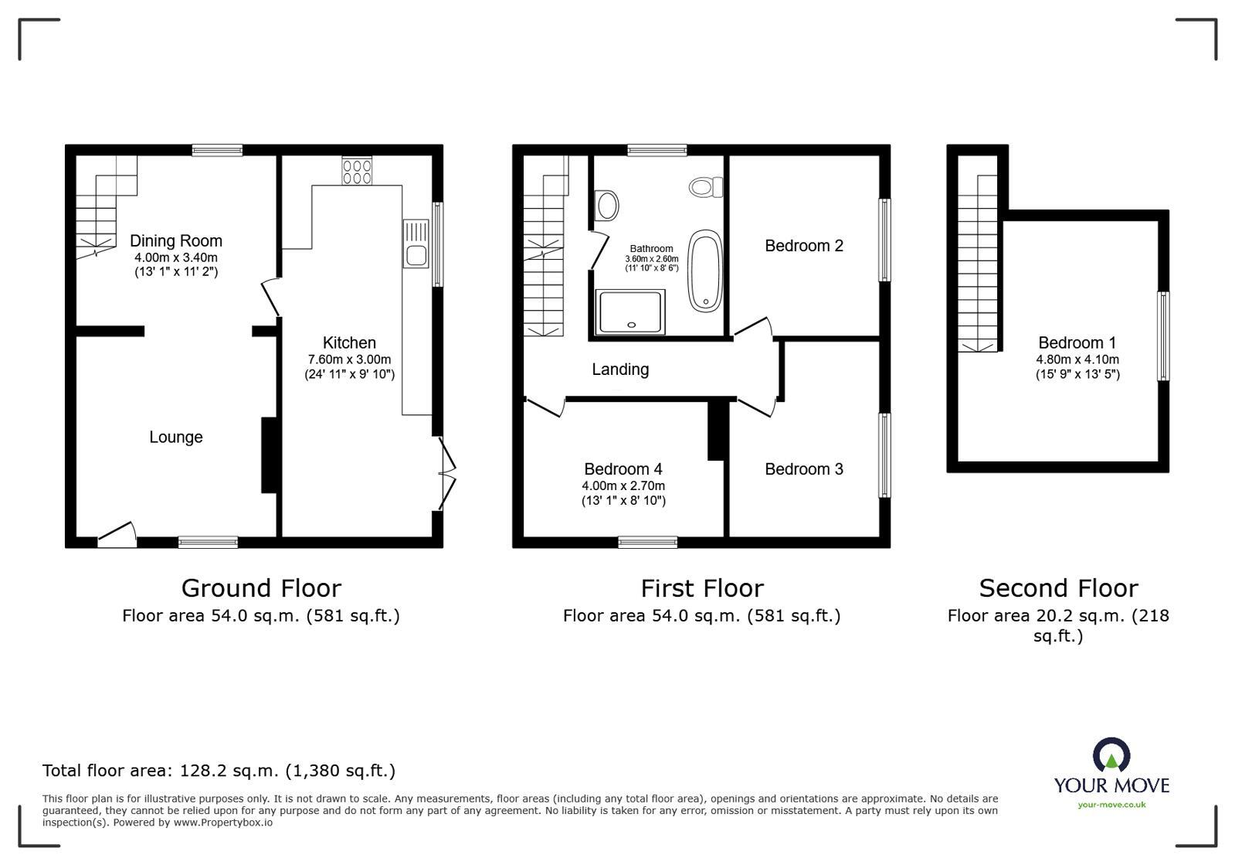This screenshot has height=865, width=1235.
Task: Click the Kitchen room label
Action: coord(349,342)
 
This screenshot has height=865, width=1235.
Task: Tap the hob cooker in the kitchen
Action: coord(357,171)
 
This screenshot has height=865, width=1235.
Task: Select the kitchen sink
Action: coord(416,243)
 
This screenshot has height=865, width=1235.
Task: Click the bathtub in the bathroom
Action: coord(704,271)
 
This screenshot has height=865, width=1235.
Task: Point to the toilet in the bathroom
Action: coord(705,186)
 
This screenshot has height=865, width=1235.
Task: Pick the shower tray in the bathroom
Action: coord(631,312)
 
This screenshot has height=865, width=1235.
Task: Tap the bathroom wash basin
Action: coord(608,206)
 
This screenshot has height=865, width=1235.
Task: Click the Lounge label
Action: coord(176,437)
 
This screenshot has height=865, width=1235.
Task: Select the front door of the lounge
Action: coord(117,535)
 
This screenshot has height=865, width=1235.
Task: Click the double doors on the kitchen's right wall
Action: coord(446,474)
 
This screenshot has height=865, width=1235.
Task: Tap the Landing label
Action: coord(620,369)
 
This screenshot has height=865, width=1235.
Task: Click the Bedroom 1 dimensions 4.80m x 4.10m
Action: coord(1077,359)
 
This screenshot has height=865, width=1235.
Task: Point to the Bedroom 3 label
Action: coord(804,469)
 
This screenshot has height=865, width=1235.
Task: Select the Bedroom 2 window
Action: coord(885,240)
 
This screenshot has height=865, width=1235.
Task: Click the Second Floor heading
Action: coord(1058,588)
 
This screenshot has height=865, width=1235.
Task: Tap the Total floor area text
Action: coord(219,771)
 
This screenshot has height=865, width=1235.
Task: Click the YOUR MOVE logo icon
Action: coord(1111,754)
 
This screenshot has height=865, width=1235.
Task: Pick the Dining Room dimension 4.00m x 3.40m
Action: coord(176,257)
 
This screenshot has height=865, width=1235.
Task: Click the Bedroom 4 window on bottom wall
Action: coord(648,543)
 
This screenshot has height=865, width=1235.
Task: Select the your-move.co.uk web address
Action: coord(1111,805)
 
